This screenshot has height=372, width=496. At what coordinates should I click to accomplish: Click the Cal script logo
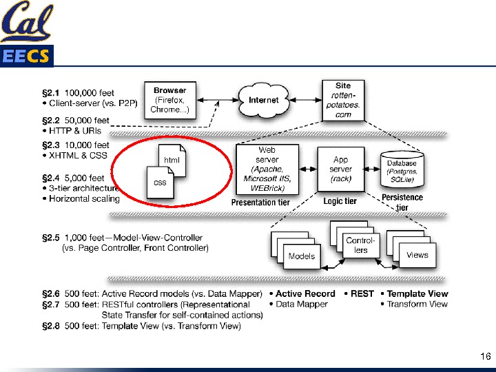26,22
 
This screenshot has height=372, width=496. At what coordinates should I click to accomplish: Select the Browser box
169,101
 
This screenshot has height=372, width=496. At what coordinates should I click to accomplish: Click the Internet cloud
263,101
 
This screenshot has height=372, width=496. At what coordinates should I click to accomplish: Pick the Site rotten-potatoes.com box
343,101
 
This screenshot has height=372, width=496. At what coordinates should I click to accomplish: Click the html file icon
172,160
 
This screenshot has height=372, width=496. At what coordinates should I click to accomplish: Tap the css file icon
160,183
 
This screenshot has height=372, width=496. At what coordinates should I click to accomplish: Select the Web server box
267,169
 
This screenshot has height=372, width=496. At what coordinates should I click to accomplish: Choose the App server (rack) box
340,169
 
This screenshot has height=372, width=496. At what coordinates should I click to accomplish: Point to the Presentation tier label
260,203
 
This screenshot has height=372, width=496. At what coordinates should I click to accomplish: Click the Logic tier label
340,201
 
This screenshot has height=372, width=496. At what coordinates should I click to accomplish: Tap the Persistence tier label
402,203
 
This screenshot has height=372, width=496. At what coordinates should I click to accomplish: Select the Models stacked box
300,255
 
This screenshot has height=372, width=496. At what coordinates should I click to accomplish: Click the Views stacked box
416,254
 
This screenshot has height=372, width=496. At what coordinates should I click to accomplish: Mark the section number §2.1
52,92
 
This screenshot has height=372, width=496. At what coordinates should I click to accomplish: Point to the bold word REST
362,293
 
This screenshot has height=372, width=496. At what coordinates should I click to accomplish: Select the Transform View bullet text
417,304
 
